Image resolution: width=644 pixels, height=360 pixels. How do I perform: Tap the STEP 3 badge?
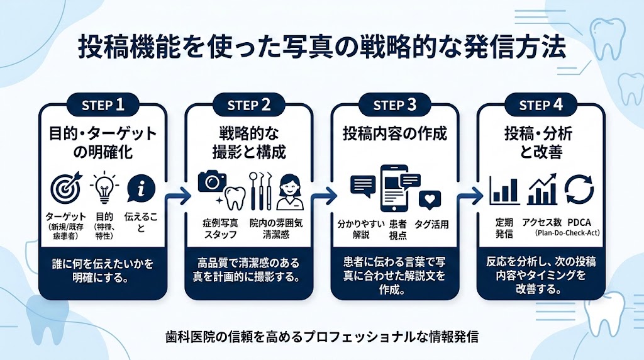395,105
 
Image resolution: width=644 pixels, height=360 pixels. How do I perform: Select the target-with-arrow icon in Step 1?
66,186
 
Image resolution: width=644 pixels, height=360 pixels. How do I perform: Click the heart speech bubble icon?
430,198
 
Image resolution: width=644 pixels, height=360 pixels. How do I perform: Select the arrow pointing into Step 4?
468,196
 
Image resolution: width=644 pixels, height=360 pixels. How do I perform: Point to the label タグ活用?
431,225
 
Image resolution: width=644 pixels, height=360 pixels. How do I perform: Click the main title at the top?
321,48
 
